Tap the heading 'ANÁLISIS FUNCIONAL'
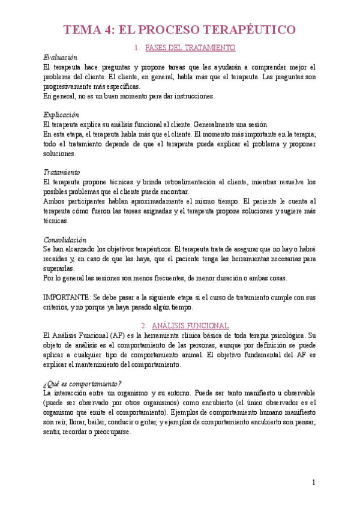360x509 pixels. (190, 325)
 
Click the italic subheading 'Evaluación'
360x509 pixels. (61, 58)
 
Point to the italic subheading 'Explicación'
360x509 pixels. (61, 115)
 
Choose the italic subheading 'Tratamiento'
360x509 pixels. (62, 172)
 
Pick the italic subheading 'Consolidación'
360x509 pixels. (65, 239)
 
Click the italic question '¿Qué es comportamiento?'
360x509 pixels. (82, 383)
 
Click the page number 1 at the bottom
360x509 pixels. (313, 482)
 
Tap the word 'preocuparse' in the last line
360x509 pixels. (112, 431)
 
